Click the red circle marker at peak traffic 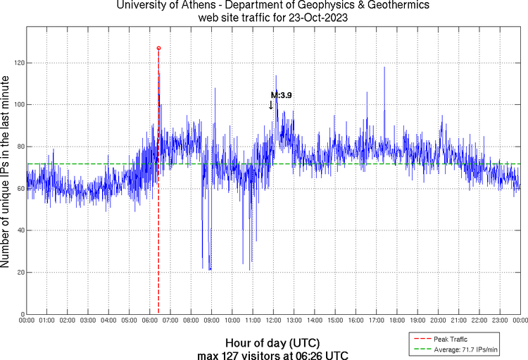(x=158, y=48)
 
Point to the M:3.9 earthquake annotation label (x=281, y=94)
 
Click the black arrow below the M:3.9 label (x=271, y=105)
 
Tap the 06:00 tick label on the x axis (x=150, y=320)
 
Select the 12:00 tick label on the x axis (x=273, y=320)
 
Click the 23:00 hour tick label (x=499, y=320)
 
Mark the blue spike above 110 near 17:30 (x=384, y=69)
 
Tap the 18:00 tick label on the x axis (x=396, y=320)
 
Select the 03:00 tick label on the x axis (x=88, y=320)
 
